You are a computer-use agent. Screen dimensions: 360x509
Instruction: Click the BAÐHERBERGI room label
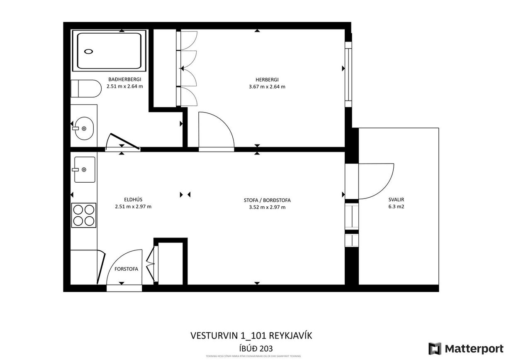(125, 79)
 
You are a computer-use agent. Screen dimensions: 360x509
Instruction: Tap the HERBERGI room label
(267, 80)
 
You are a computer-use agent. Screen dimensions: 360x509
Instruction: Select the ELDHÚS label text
(133, 199)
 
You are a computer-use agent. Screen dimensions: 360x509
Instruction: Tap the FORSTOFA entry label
(126, 269)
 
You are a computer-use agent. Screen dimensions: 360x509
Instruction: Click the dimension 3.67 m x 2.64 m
(267, 87)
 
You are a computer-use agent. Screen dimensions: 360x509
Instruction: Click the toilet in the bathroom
(86, 88)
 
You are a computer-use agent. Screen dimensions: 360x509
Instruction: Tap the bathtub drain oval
(89, 51)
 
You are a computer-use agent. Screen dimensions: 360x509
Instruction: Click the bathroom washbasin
(84, 128)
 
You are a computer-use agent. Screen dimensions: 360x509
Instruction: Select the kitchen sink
(85, 169)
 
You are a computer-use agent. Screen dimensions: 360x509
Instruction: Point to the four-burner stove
(84, 215)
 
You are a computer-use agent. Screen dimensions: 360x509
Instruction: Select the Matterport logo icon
(435, 348)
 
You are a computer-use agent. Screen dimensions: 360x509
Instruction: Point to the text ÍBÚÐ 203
(254, 348)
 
